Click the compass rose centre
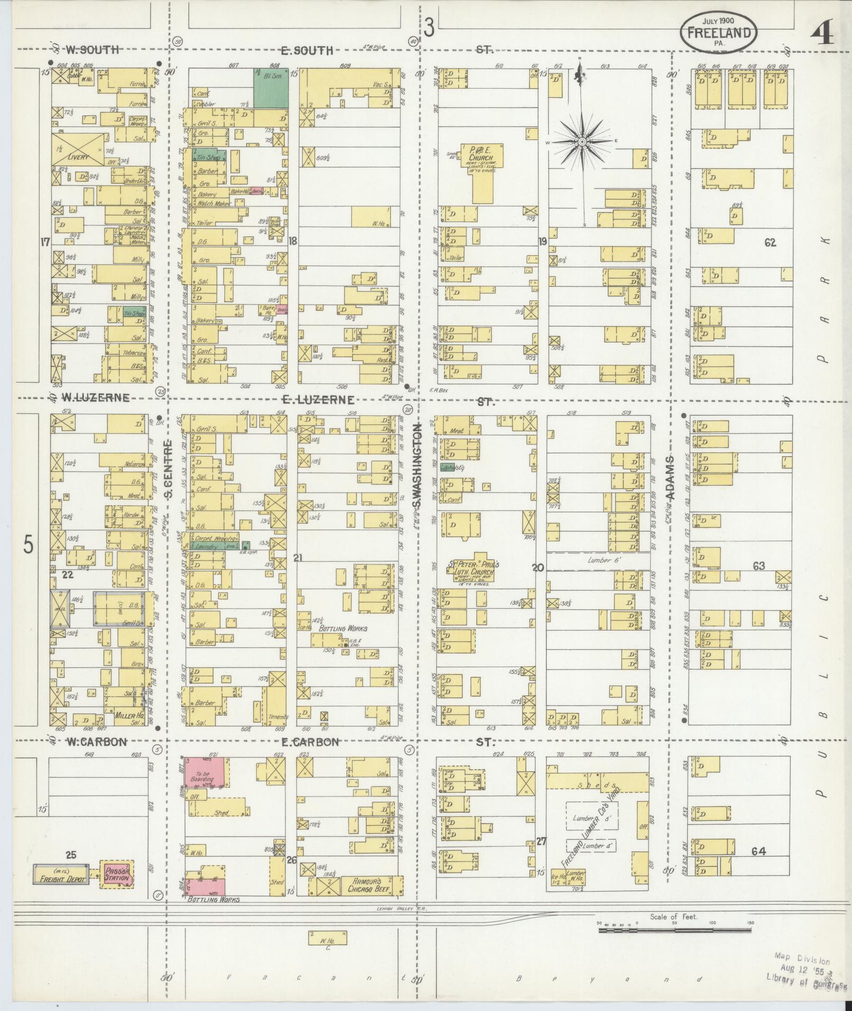click(x=582, y=142)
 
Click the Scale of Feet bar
click(x=676, y=930)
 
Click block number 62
click(x=770, y=243)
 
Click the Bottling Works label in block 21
click(x=343, y=628)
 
